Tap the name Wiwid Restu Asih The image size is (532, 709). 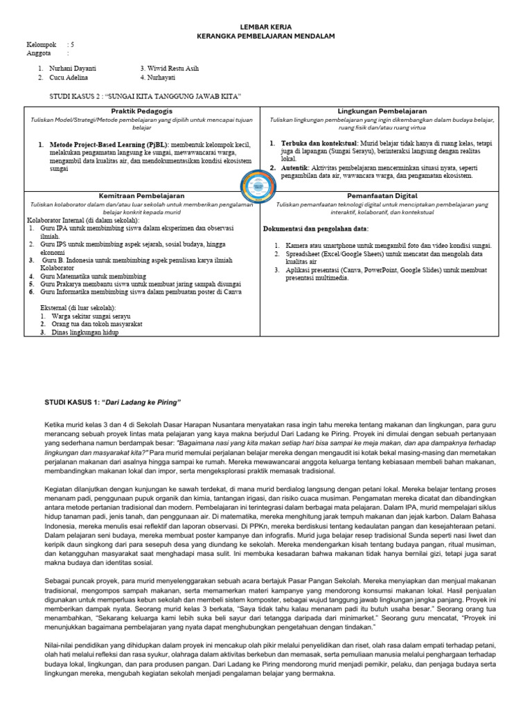pyautogui.click(x=169, y=69)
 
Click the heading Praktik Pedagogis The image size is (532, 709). pyautogui.click(x=141, y=111)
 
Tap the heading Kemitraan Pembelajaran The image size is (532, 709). pyautogui.click(x=141, y=196)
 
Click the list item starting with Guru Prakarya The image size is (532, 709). pyautogui.click(x=139, y=284)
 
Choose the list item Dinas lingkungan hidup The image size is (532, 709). pyautogui.click(x=82, y=332)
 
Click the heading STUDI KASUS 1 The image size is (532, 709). pyautogui.click(x=113, y=402)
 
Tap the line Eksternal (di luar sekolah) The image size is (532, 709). pyautogui.click(x=78, y=307)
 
